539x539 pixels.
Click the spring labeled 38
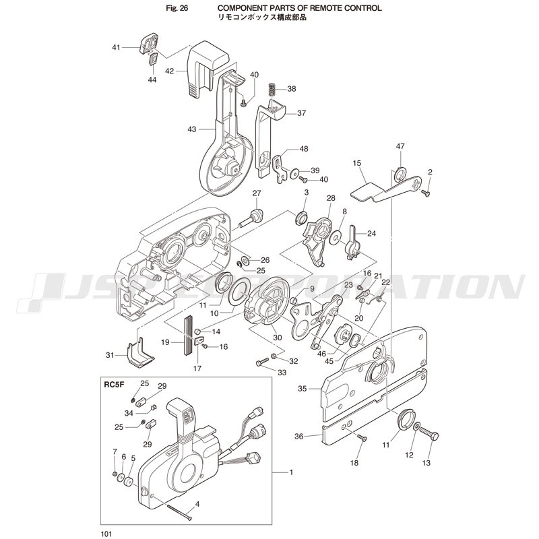tap(273, 91)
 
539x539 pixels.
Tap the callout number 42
tap(170, 71)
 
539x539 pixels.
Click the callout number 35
tap(302, 389)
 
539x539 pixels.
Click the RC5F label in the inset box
tap(114, 385)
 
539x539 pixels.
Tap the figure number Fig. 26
tap(177, 8)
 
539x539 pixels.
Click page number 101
tap(106, 534)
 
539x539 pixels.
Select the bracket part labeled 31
tap(139, 353)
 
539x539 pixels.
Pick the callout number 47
tap(400, 146)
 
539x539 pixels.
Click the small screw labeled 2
tap(426, 193)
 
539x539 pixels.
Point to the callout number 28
tap(331, 198)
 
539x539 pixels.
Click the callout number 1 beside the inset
tap(291, 472)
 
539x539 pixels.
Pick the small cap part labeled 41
tap(148, 43)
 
